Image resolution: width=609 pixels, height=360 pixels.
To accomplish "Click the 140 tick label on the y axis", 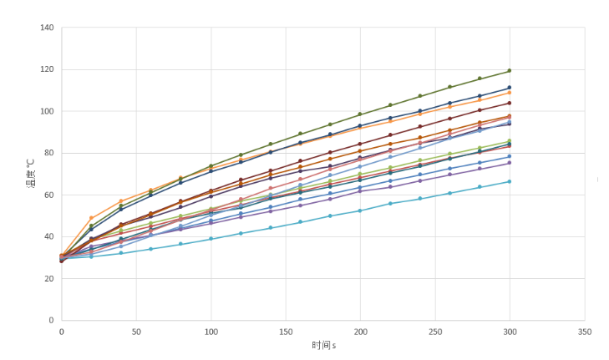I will coord(47,28).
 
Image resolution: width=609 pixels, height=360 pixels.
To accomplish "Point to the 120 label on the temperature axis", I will coord(47,69).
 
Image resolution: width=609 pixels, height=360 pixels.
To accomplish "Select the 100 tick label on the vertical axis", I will coord(47,111).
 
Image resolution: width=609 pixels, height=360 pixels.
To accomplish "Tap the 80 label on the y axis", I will coord(49,153).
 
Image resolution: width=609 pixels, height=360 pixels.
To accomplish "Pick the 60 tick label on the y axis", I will coord(49,195).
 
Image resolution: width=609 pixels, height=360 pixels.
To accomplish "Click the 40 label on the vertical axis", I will coord(49,236).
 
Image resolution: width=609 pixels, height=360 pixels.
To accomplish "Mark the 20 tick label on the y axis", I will coord(49,278).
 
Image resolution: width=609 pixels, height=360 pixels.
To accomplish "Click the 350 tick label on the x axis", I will coord(584,332).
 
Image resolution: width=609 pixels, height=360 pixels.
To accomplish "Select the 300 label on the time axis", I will coord(510,332).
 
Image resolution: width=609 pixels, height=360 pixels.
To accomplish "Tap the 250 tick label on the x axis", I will coord(434,332).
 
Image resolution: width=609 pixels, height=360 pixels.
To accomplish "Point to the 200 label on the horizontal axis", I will coord(360,332).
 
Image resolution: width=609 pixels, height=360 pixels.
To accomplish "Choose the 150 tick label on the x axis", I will coord(285,332).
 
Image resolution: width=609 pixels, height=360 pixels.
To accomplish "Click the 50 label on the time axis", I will coord(135,332).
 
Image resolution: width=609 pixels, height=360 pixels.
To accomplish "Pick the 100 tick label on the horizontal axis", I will coord(211,332).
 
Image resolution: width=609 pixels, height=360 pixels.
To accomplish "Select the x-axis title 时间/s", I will coord(322,345).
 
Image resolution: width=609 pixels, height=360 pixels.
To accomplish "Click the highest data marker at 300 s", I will coord(510,71).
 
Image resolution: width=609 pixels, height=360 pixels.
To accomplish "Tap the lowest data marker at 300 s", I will coord(510,181).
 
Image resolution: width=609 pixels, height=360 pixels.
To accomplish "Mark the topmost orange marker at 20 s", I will coord(91,218).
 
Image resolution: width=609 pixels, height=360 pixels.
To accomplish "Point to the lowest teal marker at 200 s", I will coord(360,210).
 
